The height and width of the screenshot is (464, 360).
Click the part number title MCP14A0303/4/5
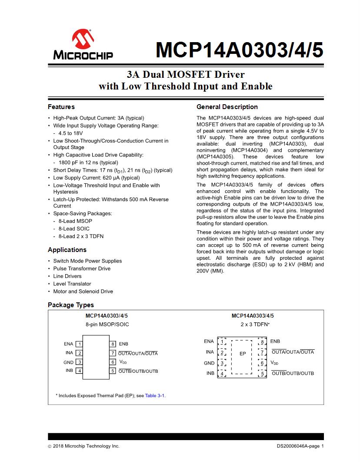(x=239, y=50)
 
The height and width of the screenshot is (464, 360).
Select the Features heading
(x=61, y=107)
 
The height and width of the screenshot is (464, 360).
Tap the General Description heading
(x=227, y=107)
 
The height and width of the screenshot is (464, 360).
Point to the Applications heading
(x=67, y=250)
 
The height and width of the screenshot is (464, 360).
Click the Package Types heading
(x=71, y=305)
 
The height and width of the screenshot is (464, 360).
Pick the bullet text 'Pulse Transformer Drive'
(x=82, y=268)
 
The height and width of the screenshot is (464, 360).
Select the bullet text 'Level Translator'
(x=72, y=284)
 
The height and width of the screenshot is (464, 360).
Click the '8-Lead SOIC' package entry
(x=74, y=229)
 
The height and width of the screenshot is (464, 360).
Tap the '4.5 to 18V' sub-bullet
(x=70, y=133)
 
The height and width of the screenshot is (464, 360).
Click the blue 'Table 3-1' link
(x=155, y=396)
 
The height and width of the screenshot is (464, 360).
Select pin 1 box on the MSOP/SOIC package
(x=80, y=344)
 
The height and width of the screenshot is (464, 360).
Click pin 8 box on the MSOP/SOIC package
(x=113, y=344)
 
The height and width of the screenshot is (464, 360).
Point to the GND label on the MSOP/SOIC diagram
(x=69, y=362)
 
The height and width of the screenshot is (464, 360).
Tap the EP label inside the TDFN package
(x=243, y=354)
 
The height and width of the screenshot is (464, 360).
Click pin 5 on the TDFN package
(x=262, y=373)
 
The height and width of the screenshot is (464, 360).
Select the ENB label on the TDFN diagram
(x=275, y=341)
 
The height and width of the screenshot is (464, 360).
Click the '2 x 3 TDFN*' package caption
(x=255, y=324)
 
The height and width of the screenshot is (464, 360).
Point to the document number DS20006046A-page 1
(x=300, y=446)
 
